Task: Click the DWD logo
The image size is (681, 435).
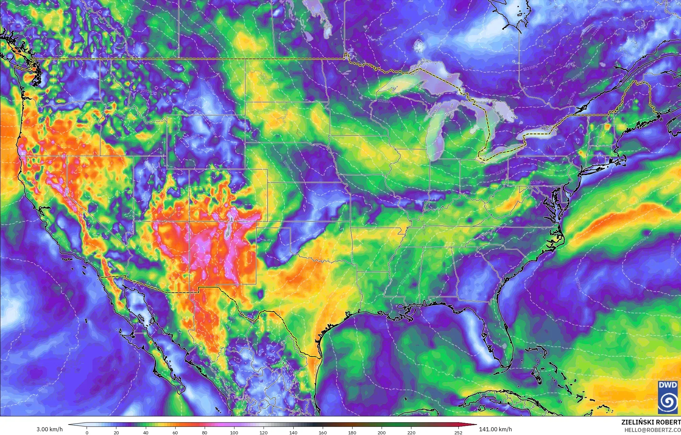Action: pos(668,397)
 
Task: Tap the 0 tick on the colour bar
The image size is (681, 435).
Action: pos(87,432)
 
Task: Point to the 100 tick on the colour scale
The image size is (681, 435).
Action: pos(234,432)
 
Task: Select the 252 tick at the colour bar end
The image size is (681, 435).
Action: pos(458,432)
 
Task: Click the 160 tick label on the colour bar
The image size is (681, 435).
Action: pos(322,432)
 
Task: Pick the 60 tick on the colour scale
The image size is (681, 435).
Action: pos(175,432)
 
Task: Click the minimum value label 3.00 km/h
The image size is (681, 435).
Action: pos(49,429)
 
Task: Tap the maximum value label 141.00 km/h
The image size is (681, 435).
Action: pos(495,429)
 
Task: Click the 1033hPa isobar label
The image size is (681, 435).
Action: pos(530,68)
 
